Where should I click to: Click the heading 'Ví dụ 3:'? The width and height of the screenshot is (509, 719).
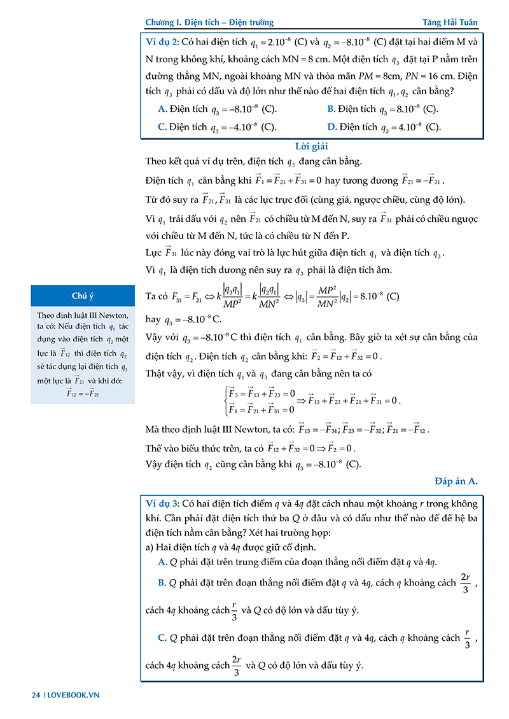pos(162,503)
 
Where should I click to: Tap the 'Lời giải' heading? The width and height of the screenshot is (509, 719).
pos(311,146)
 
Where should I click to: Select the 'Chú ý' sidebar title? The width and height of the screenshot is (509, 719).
pos(83,296)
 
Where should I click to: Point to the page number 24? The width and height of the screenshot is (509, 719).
pos(36,695)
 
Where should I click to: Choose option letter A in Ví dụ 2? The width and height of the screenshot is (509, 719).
pos(162,109)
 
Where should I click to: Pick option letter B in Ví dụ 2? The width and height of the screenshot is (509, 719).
pos(331,109)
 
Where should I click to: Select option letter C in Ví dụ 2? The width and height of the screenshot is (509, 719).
pos(162,127)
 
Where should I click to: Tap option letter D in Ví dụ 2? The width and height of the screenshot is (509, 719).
pos(331,127)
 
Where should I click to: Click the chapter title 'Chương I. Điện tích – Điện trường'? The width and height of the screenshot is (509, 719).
pos(209,22)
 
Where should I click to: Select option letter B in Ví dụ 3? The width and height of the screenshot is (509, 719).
pos(162,582)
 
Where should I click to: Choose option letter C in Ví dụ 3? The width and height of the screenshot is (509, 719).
pos(162,638)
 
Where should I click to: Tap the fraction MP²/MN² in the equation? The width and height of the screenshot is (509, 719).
pos(345,296)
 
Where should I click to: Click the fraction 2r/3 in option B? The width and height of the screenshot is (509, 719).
pos(466,583)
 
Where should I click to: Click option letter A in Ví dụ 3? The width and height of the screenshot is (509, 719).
pos(162,561)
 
